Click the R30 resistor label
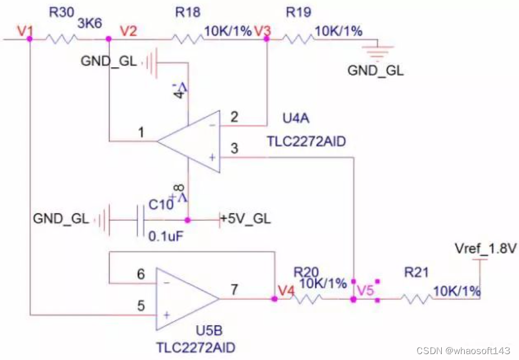[x=62, y=12]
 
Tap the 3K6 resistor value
[x=90, y=24]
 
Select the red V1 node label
[x=25, y=31]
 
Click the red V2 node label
[x=128, y=31]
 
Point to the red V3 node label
[x=263, y=31]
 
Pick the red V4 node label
[x=286, y=291]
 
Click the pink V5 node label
[x=365, y=290]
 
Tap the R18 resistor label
[x=188, y=12]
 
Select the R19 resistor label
[x=299, y=12]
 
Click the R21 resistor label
[x=416, y=272]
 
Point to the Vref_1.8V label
[x=485, y=249]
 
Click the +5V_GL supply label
[x=246, y=219]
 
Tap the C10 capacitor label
[x=161, y=204]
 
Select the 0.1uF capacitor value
[x=166, y=236]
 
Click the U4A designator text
[x=296, y=118]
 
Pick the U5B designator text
[x=209, y=331]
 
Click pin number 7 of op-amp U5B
[x=234, y=289]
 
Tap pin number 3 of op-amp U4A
[x=234, y=148]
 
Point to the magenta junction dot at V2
[x=108, y=39]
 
